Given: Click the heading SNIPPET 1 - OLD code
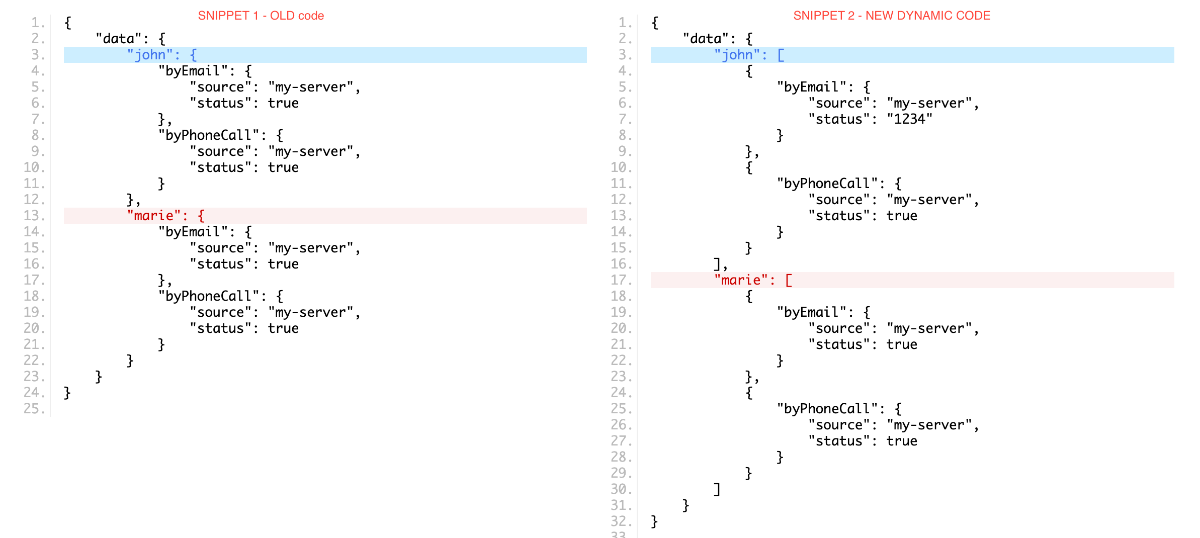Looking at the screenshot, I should tap(261, 16).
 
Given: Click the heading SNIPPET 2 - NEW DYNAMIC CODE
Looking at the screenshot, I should tap(891, 16).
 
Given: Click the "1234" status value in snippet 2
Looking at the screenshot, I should tap(909, 119).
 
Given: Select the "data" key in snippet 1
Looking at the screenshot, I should tap(119, 39).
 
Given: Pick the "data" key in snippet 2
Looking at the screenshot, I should tap(706, 39).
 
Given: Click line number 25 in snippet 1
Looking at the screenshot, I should tap(34, 409).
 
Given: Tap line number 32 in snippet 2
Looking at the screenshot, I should tap(621, 521).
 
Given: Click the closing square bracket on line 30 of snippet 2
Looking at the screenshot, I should tap(717, 489).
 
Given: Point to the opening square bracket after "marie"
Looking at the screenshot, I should tap(789, 280).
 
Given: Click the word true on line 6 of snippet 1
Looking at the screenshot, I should tap(283, 103).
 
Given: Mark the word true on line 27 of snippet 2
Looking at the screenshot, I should tap(902, 441).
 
